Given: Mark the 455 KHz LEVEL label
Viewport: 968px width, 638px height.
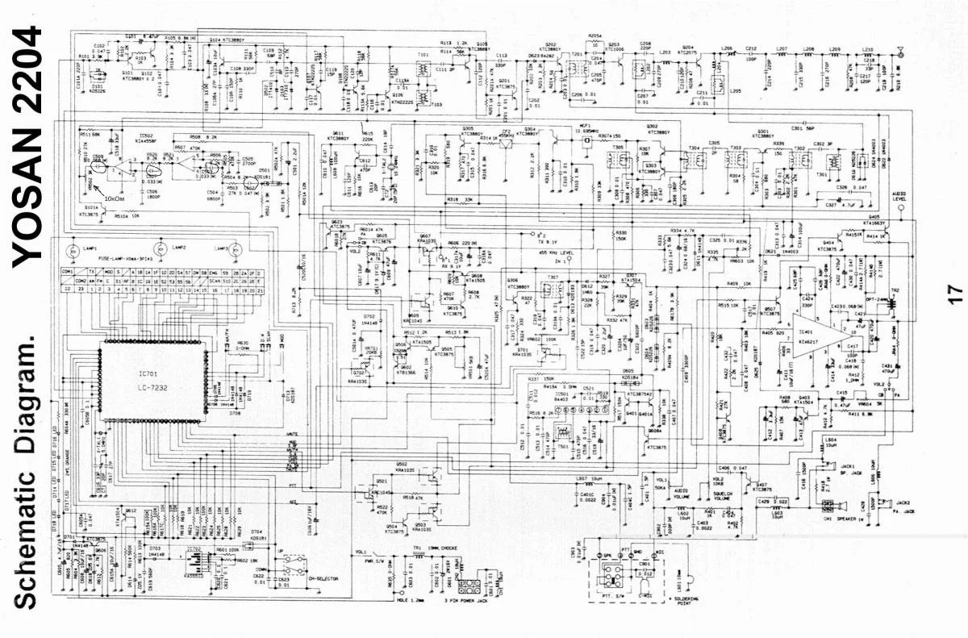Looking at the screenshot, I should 559,253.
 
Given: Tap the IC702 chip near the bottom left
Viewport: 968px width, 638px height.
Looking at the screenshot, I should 194,561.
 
